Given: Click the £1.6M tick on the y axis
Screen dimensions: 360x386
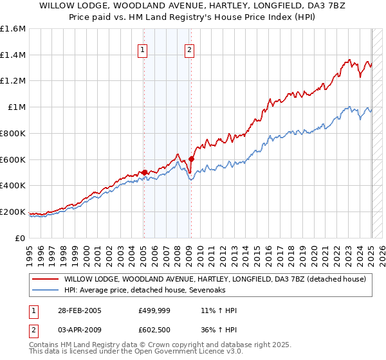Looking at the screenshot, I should [13, 29].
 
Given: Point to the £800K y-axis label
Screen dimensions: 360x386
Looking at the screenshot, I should [13, 133].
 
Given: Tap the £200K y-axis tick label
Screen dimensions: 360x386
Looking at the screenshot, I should [13, 212].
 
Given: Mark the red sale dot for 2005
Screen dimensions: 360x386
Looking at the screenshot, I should [145, 172].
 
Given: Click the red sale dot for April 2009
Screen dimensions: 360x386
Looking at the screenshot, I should [192, 159].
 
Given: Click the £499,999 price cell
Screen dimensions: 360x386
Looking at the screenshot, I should [153, 310].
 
